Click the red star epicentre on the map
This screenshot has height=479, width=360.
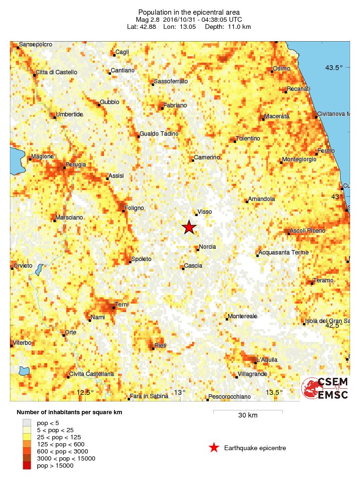tap(189, 227)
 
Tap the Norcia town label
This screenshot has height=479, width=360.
tap(208, 247)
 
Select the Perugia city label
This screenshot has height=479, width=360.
tap(76, 165)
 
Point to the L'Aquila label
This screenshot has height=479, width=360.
tap(267, 360)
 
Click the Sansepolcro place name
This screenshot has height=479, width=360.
tap(36, 44)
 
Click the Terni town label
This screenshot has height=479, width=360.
tap(122, 305)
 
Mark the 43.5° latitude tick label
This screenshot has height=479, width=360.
tap(334, 68)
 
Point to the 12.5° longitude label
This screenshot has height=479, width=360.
tap(86, 392)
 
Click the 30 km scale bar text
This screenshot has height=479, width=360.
tap(248, 416)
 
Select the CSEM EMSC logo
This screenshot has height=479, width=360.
tap(325, 388)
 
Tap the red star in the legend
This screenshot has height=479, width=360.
tap(214, 447)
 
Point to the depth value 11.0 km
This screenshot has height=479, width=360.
tap(240, 27)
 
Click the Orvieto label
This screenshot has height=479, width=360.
tap(23, 266)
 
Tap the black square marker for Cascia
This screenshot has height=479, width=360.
tap(183, 268)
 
